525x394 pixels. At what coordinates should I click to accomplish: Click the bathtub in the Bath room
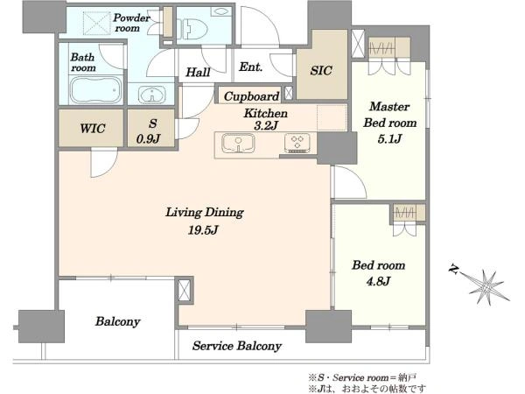[x=95, y=90]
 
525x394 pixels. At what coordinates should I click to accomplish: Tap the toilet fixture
[x=187, y=28]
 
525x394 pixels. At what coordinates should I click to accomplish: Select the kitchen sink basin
[x=238, y=143]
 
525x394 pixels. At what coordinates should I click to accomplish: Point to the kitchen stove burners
[x=297, y=143]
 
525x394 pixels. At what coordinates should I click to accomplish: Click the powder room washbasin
[x=152, y=95]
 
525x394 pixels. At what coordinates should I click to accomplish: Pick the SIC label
[x=321, y=71]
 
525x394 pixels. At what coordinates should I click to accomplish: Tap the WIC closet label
[x=93, y=129]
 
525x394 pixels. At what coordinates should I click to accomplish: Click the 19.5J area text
[x=203, y=230]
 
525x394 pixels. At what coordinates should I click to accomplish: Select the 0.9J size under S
[x=149, y=138]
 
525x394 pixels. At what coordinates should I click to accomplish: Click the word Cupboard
[x=251, y=97]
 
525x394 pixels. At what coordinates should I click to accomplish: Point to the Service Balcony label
[x=237, y=346]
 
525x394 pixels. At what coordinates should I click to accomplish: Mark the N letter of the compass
[x=454, y=270]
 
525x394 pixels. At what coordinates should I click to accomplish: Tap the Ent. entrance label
[x=250, y=67]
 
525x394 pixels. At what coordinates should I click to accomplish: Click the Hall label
[x=198, y=72]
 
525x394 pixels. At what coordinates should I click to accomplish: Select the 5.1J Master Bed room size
[x=389, y=138]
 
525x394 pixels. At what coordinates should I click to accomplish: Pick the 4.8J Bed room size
[x=378, y=281]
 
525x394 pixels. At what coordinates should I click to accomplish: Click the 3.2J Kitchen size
[x=266, y=126]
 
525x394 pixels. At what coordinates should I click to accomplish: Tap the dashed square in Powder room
[x=96, y=23]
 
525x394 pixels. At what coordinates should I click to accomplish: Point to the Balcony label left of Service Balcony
[x=117, y=321]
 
